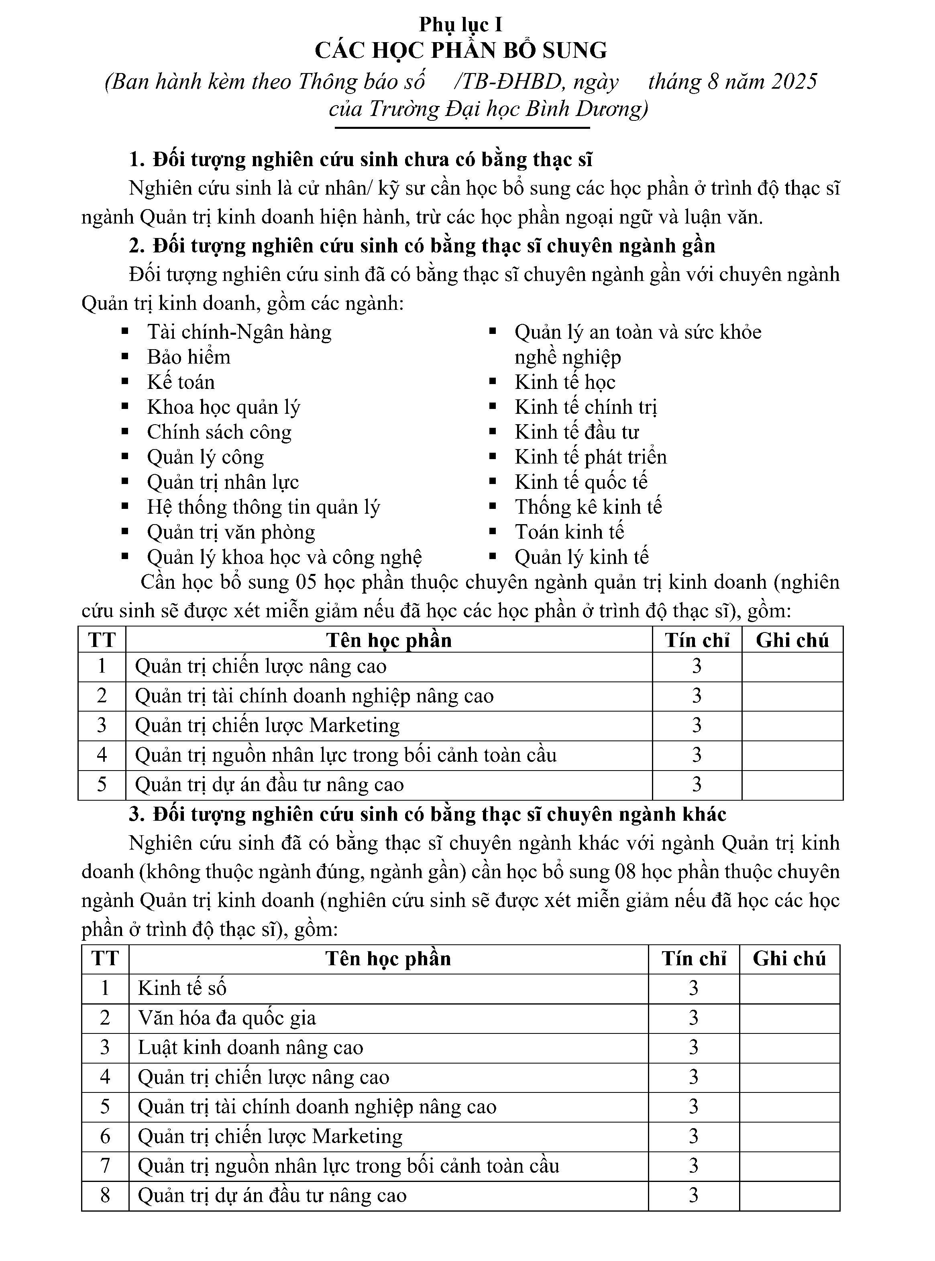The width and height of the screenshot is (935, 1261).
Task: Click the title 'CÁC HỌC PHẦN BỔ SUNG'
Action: (x=461, y=51)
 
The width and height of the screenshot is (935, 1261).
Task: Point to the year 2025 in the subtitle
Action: (x=794, y=82)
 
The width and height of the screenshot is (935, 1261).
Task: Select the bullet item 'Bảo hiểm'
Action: (x=188, y=357)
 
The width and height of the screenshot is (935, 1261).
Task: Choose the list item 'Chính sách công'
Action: (x=219, y=432)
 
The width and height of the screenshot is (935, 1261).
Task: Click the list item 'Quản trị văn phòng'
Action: (x=231, y=532)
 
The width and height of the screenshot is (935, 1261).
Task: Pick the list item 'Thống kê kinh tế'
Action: (x=588, y=507)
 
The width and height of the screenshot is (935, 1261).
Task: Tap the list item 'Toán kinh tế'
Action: (x=569, y=532)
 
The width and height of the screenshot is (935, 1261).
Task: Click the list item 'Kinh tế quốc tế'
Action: (x=581, y=482)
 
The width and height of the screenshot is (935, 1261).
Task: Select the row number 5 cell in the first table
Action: (x=102, y=785)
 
